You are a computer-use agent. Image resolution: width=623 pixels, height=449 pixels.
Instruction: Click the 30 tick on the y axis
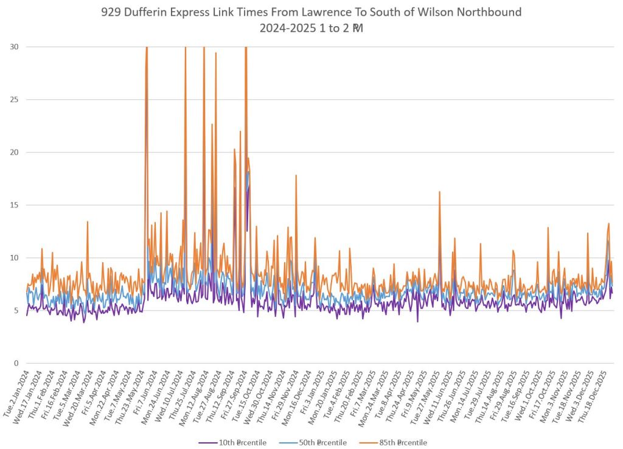15,47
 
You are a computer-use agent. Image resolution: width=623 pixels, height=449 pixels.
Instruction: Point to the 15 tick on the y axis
15,205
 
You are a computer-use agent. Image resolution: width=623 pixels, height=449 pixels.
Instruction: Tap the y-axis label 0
16,363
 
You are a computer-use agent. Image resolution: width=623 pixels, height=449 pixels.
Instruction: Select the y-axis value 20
15,152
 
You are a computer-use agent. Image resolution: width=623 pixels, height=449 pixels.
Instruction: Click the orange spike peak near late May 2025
439,192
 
